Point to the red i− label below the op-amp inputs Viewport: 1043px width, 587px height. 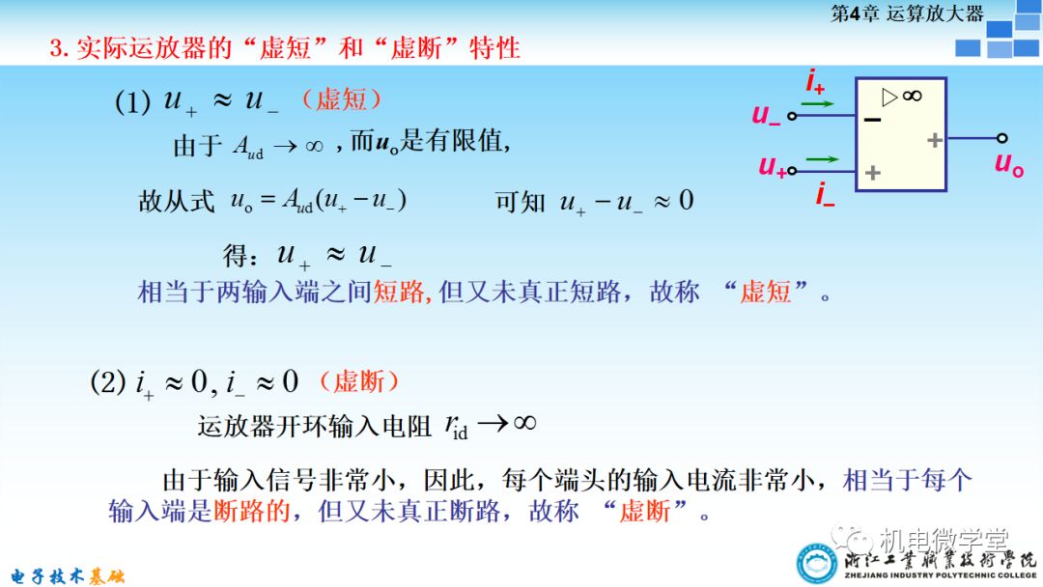[825, 196]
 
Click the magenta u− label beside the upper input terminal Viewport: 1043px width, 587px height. [766, 115]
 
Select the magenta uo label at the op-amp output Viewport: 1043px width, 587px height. [1008, 163]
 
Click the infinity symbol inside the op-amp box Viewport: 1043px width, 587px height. [912, 96]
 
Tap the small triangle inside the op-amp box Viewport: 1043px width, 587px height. [890, 96]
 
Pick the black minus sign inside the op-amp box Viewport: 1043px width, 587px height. [873, 120]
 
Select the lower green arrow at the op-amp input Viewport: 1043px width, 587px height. [822, 158]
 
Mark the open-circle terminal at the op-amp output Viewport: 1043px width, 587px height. [1002, 139]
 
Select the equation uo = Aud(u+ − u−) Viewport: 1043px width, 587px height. [319, 201]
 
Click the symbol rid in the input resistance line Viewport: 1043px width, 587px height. [456, 427]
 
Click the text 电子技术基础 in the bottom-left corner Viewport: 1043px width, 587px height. [63, 576]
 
